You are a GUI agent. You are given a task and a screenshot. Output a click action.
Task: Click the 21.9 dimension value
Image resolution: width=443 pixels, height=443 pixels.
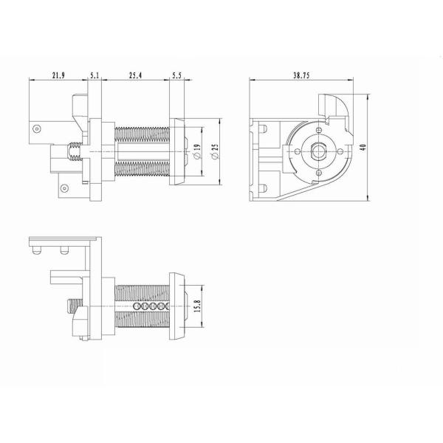[58, 75]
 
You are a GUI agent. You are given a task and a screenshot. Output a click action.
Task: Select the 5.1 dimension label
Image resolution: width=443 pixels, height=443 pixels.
[95, 75]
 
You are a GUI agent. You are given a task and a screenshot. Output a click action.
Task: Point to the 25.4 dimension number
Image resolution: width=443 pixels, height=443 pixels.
[135, 75]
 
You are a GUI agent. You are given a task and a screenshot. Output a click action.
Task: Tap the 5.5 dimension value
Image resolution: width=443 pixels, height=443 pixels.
[176, 75]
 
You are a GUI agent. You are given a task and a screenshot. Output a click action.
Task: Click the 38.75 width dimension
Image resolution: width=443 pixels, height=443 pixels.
[301, 75]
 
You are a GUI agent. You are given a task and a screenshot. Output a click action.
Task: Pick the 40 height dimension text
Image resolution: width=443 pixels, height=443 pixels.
[363, 147]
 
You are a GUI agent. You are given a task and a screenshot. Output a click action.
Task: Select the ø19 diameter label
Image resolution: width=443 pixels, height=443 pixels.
[197, 151]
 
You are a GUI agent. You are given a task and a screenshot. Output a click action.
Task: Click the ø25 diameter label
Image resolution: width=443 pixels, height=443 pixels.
[215, 151]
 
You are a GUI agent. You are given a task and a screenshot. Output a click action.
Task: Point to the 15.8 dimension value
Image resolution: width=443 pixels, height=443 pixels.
[197, 306]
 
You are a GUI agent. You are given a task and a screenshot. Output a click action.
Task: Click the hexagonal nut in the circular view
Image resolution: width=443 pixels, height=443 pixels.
[319, 151]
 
